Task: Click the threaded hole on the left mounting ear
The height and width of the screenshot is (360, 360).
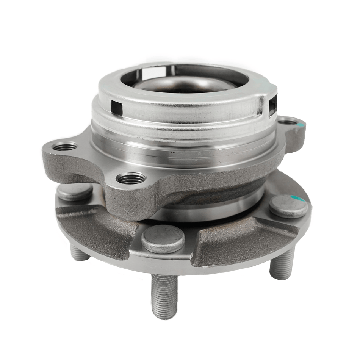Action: click(65, 146)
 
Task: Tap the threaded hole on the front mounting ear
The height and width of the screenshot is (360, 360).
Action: click(131, 178)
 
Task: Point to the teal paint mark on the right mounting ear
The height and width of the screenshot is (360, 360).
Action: click(301, 124)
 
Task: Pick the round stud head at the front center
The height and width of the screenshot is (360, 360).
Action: click(163, 239)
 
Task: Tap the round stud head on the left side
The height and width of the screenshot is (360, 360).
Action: click(75, 192)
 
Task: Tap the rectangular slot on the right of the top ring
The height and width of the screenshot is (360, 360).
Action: click(273, 103)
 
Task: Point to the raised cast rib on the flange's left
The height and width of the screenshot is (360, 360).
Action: click(95, 227)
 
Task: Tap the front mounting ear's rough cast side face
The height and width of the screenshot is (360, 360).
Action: click(129, 201)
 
